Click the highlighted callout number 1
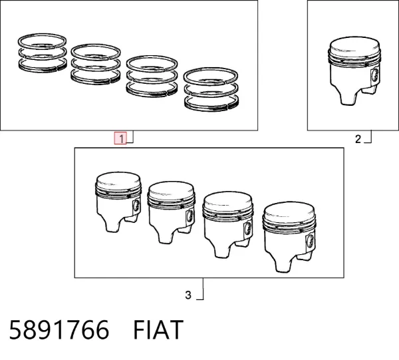point(122,139)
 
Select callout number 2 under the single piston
point(358,139)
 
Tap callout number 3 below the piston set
point(188,295)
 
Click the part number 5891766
point(59,330)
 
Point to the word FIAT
point(158,330)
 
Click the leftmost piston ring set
point(43,53)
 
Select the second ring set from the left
point(96,64)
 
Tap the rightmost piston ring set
point(211,89)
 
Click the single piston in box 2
point(354,71)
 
